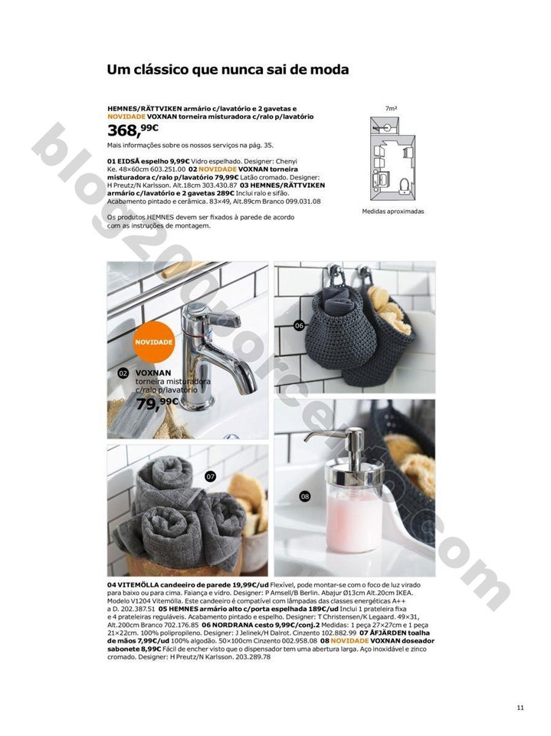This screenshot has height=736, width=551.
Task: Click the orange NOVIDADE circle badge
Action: coord(154,341)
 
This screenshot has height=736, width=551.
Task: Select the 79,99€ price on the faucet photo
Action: coord(156,402)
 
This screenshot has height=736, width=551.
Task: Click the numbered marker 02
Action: coord(123,373)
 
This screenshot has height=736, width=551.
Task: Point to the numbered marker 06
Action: coord(300,326)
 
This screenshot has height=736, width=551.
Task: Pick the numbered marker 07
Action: coord(211,477)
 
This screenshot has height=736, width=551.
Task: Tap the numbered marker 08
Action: coord(304,497)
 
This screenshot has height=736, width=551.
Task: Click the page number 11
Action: coord(520,708)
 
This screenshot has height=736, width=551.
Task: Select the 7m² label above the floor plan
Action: coord(392,108)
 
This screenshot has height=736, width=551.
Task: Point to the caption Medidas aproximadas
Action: coord(392,212)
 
